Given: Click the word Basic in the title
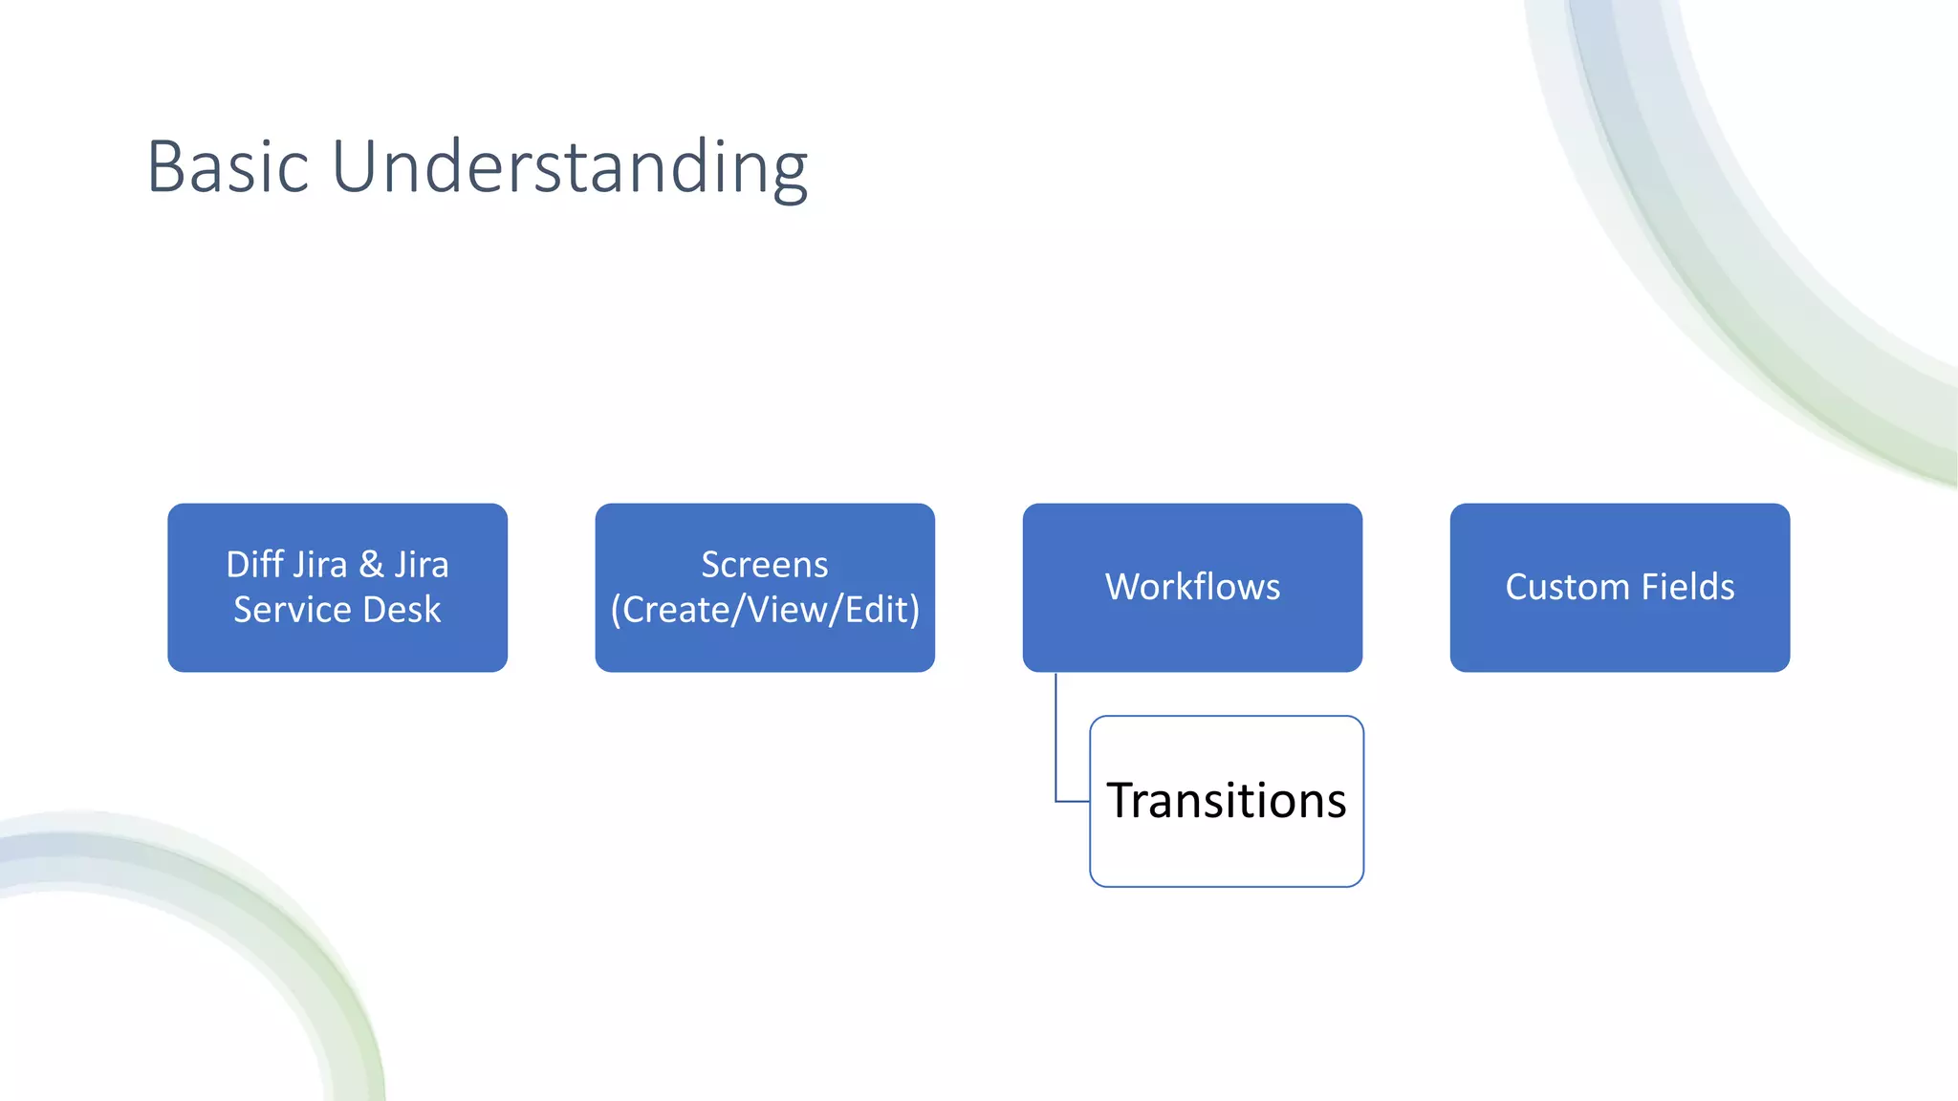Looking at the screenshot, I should [x=228, y=167].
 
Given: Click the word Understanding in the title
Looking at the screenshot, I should [x=570, y=167].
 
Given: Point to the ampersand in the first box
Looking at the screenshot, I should [x=371, y=565].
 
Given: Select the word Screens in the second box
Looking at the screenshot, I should [x=764, y=565].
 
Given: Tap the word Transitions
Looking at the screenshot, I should [x=1227, y=801].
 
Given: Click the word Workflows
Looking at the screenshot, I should [x=1192, y=587].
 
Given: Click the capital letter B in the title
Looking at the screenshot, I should [x=166, y=167].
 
